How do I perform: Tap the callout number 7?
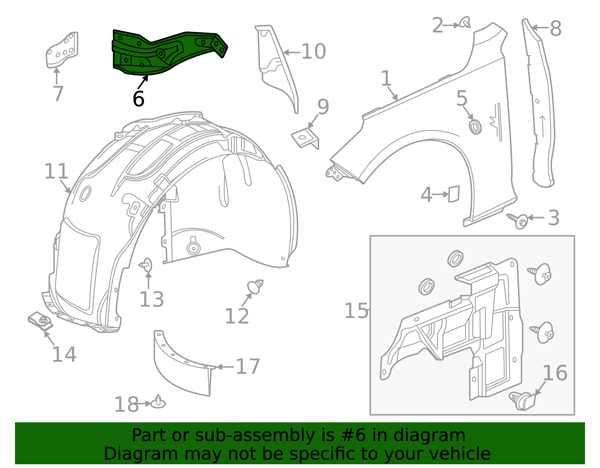pos(58,94)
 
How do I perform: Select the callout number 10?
pos(313,52)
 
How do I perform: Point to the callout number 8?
pos(555,28)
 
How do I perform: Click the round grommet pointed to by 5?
pos(475,126)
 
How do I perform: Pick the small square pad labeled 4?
pos(454,194)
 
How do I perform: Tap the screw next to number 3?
pos(519,220)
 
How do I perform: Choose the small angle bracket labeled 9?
pos(306,138)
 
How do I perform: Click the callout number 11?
pos(56,172)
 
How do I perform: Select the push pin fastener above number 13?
pos(147,265)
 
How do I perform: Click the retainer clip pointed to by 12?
pos(255,287)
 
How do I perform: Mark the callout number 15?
pos(356,311)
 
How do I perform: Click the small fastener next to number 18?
pos(158,403)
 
